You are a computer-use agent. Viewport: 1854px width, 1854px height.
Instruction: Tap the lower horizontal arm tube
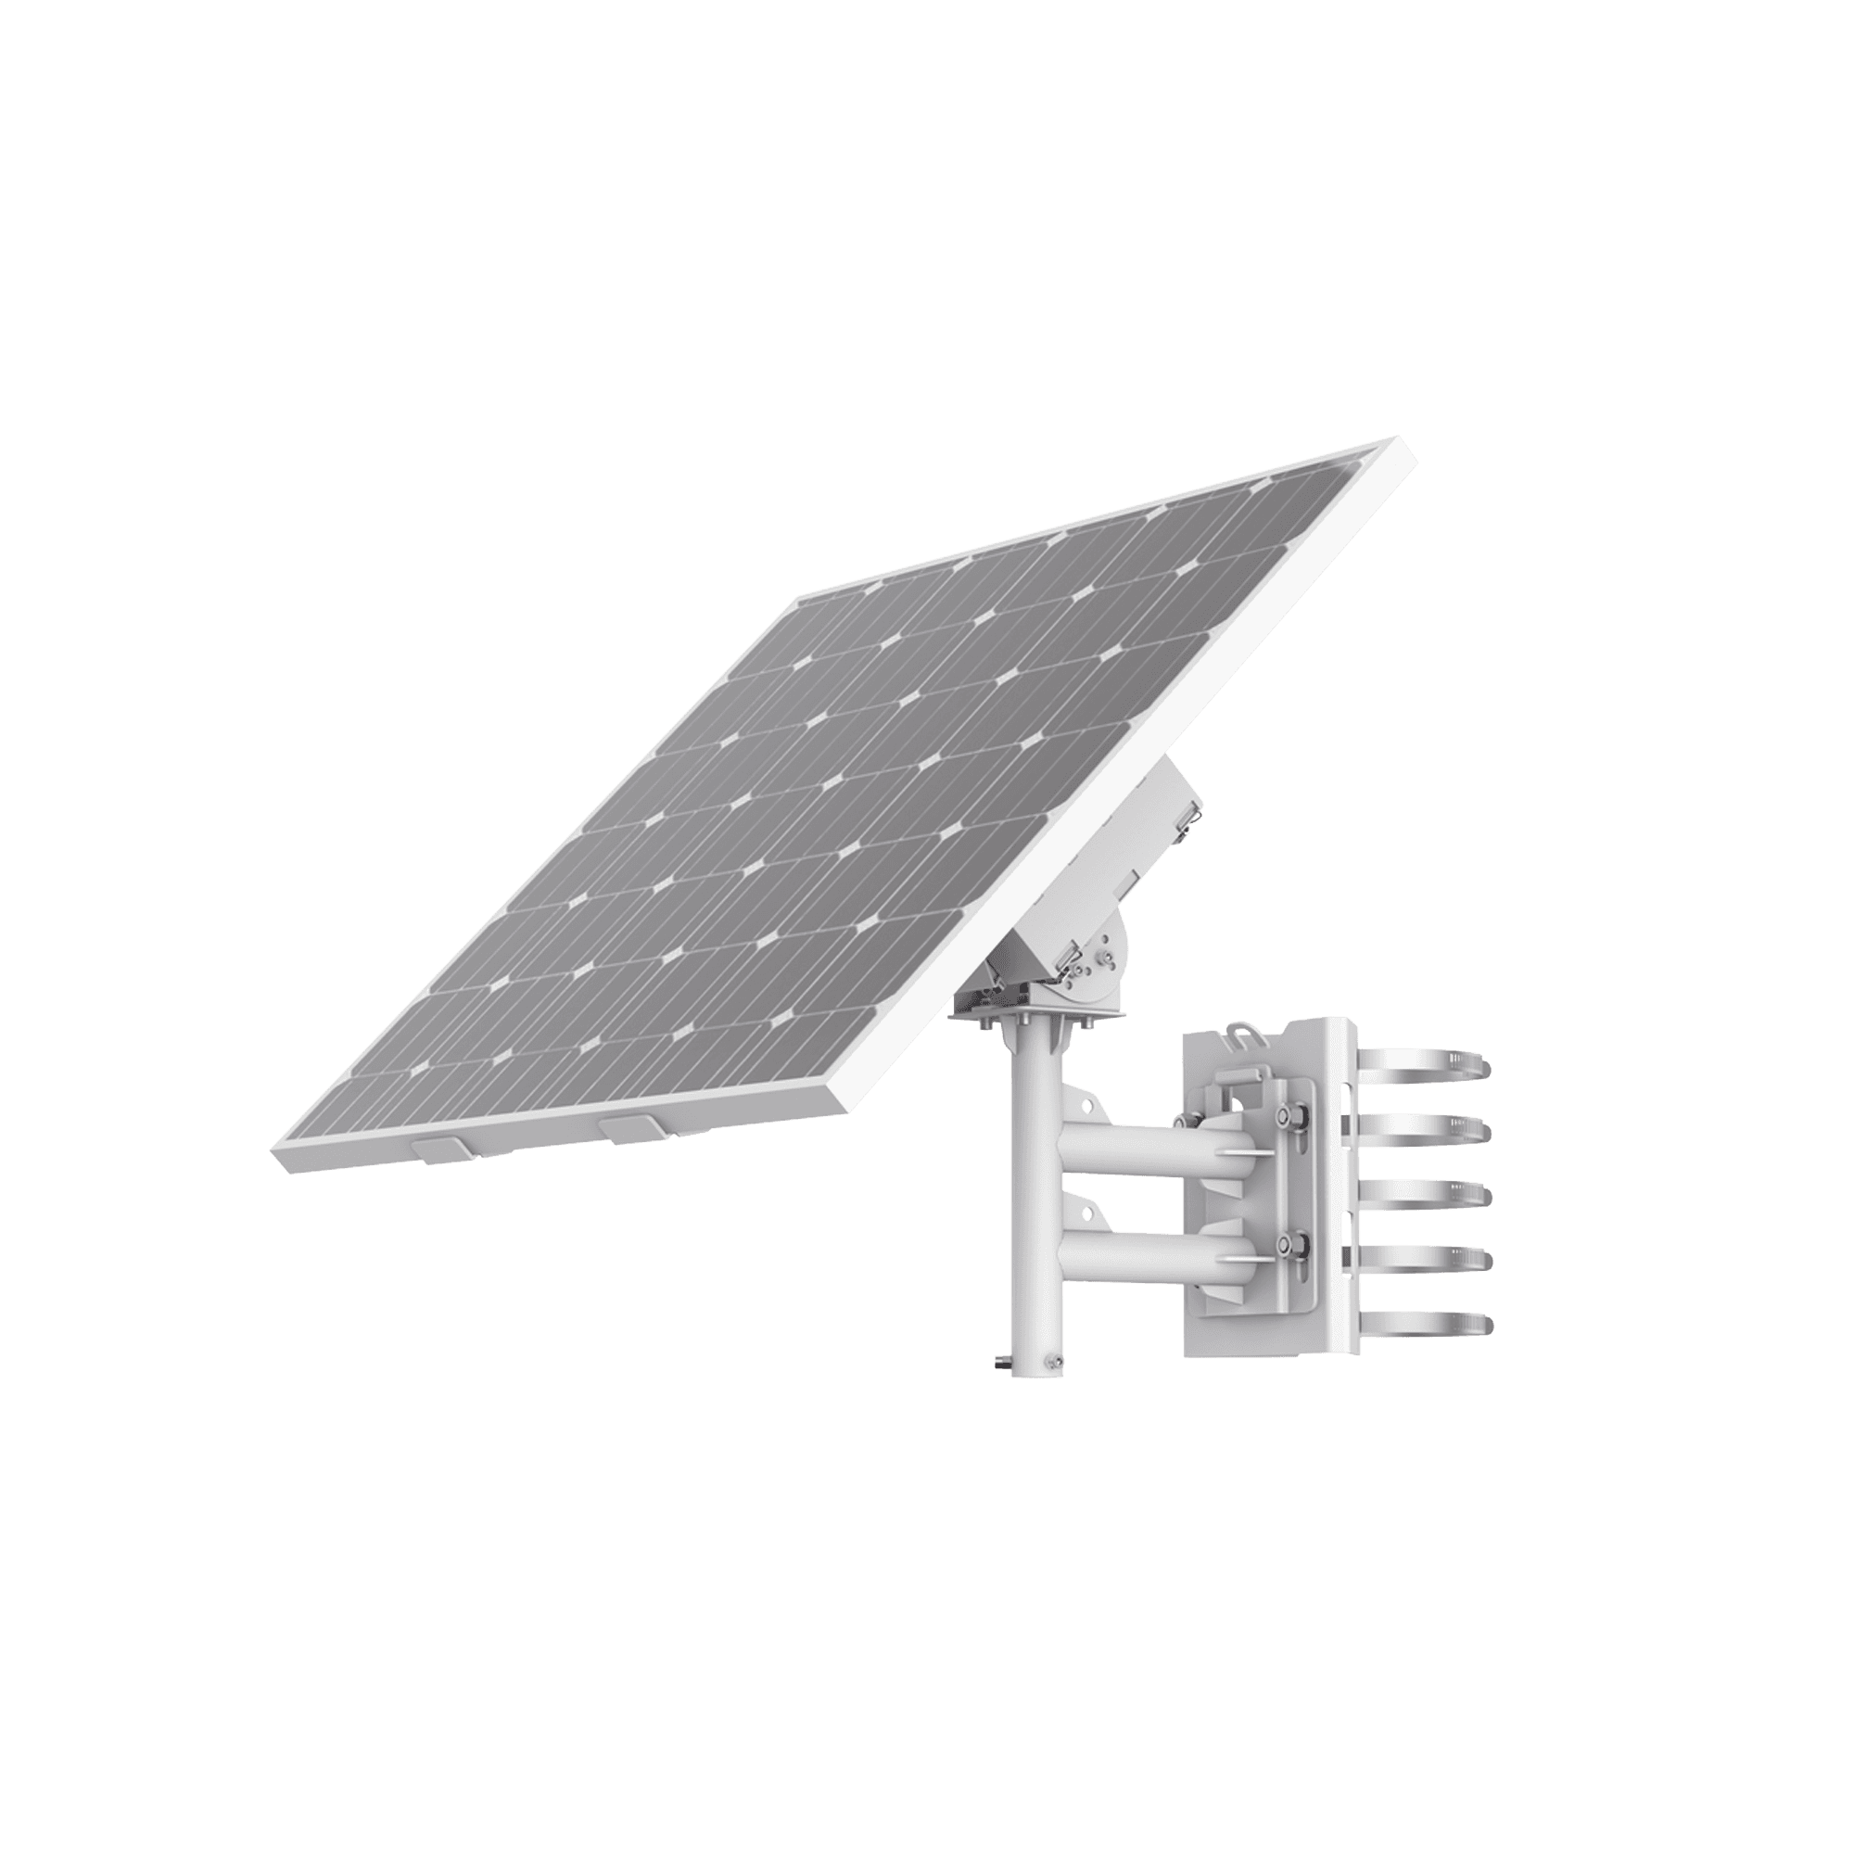click(x=1133, y=1247)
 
